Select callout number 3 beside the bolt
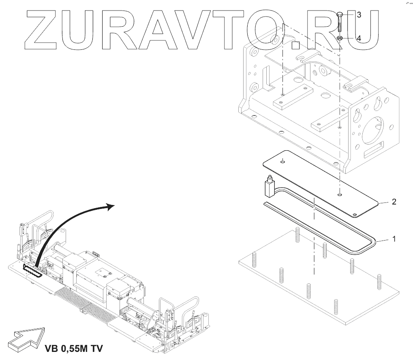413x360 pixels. pos(359,15)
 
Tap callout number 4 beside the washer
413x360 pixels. pos(359,38)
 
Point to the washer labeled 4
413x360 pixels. pos(340,38)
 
